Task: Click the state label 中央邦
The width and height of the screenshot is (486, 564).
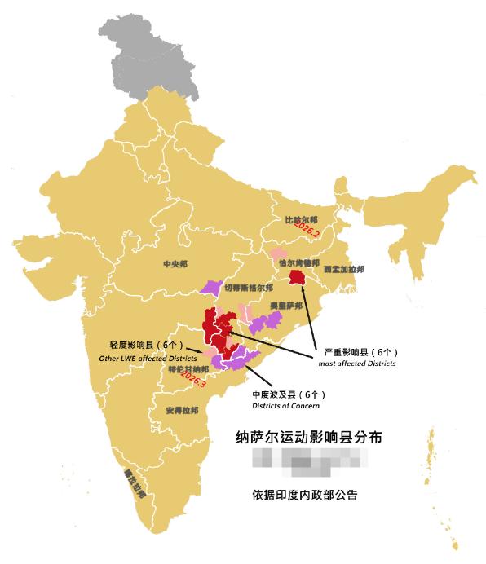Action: click(175, 265)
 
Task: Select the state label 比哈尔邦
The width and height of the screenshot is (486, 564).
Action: click(301, 221)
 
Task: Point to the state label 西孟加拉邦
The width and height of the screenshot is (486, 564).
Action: click(344, 269)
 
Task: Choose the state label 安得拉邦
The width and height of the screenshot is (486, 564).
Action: click(181, 410)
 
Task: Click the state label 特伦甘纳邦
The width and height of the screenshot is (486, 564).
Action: click(188, 368)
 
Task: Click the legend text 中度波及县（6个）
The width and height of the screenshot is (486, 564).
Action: click(289, 394)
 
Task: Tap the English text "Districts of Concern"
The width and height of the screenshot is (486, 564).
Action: click(285, 405)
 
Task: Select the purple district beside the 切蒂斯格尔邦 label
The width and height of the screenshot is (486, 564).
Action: click(211, 287)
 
